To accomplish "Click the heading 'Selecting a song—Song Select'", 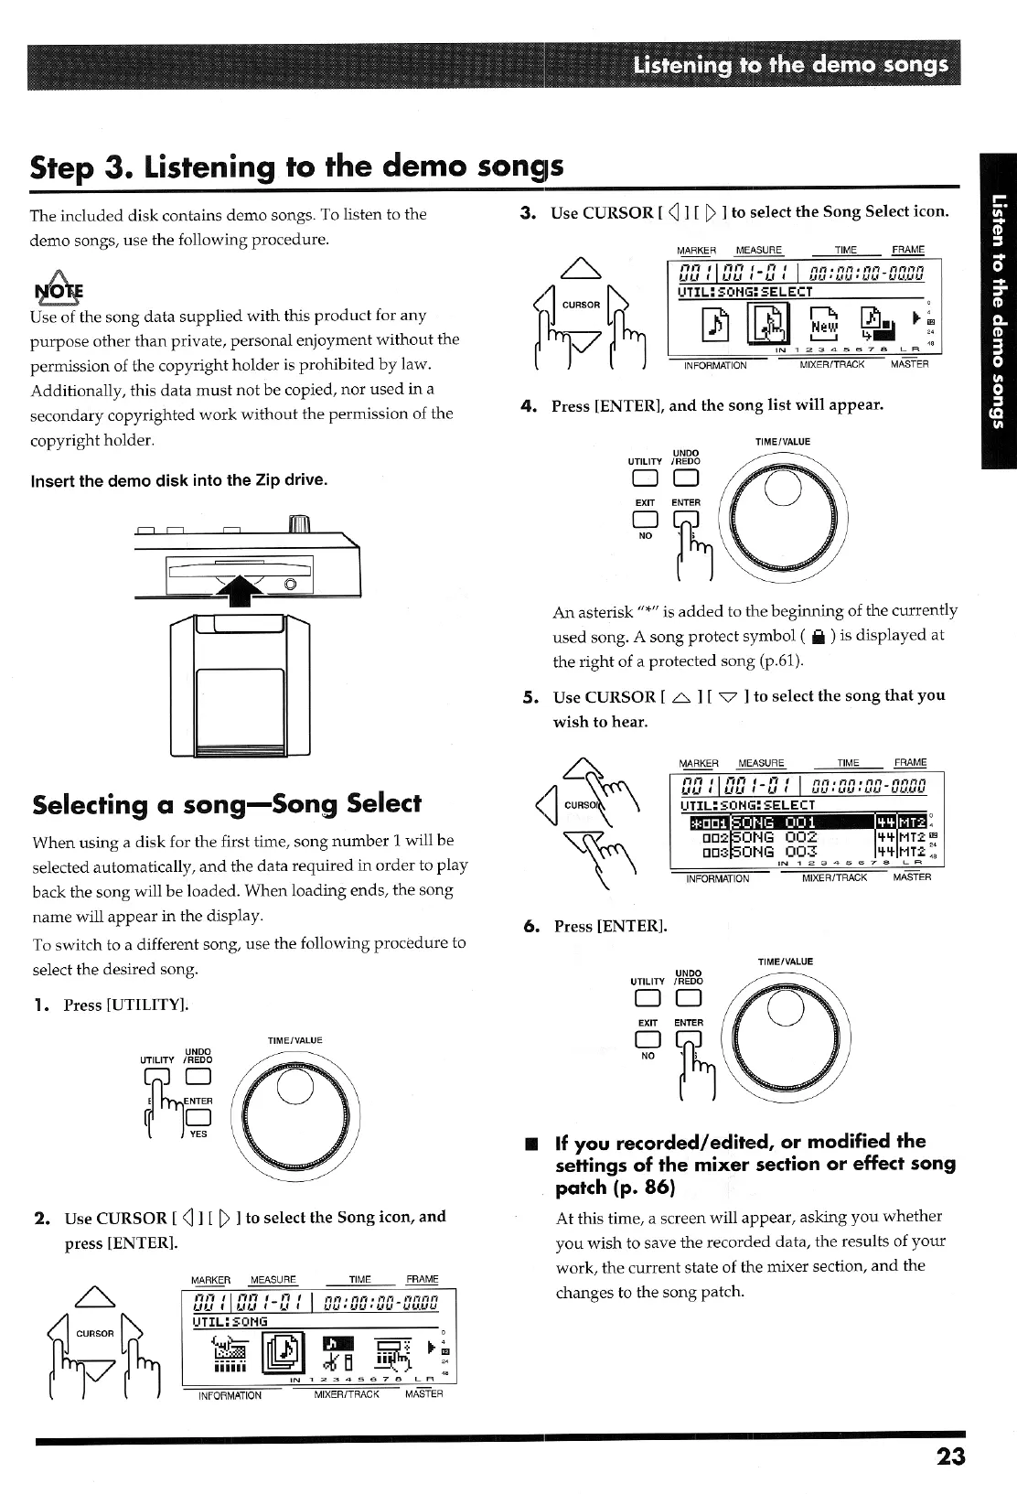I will click(x=227, y=804).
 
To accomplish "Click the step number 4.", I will click(x=528, y=405).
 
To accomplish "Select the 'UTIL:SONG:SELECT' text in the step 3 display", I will click(x=744, y=292).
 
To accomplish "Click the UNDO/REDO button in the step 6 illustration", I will click(x=688, y=998).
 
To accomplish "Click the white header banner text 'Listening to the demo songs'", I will click(x=790, y=65).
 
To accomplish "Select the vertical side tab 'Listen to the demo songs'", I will click(x=999, y=310).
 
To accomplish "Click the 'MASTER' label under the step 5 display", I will click(x=911, y=877).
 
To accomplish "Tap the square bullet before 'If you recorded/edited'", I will click(x=528, y=1142).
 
